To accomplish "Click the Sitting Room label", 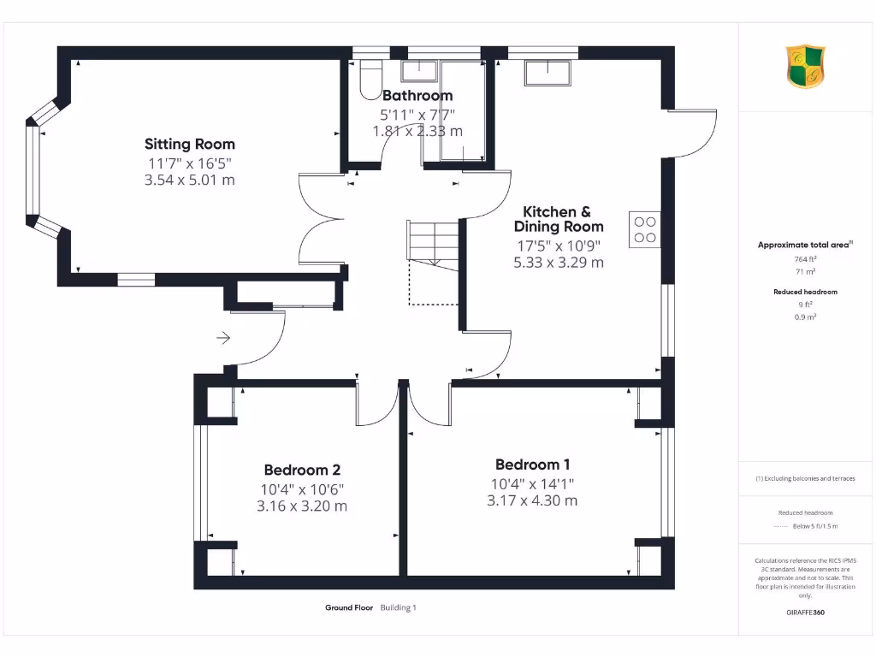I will point(189,144).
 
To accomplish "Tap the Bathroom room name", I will point(417,95).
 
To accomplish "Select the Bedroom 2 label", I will point(302,470).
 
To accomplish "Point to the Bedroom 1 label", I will point(532,465).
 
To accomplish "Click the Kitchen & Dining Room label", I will point(558,219).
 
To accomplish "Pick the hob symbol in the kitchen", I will point(644,229).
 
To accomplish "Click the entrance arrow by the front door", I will point(223,338).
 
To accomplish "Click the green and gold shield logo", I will point(806,68).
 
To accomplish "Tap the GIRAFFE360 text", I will point(804,613).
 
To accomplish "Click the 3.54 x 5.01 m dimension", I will point(189,181).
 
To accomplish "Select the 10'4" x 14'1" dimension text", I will point(532,483).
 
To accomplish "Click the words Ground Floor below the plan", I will point(349,608).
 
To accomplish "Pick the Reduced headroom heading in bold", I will point(805,292).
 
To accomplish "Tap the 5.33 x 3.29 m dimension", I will point(558,263).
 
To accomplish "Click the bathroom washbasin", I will point(418,70).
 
